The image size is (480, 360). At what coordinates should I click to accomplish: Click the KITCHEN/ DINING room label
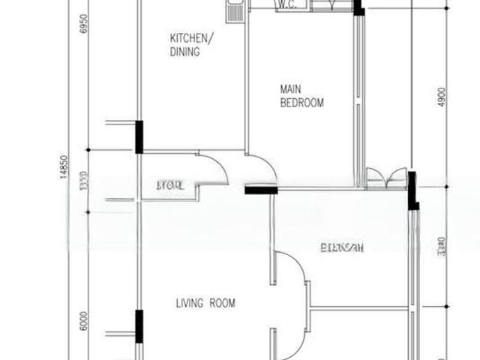tap(191, 46)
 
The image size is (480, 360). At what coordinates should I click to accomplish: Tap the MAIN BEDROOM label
tap(301, 96)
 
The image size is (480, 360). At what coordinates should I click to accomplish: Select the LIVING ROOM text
tap(205, 304)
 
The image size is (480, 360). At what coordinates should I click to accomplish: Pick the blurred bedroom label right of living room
tap(341, 248)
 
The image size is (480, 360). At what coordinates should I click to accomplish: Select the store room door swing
tap(214, 169)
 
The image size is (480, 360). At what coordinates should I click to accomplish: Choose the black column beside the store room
tap(139, 136)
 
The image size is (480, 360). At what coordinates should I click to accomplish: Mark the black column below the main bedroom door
tap(260, 190)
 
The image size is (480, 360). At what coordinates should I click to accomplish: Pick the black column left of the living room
tap(139, 326)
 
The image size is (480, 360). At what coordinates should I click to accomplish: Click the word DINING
tap(184, 52)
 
